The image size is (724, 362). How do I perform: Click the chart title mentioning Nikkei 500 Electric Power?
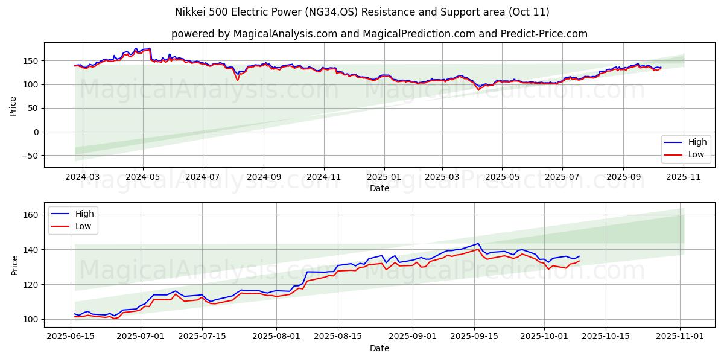click(x=362, y=12)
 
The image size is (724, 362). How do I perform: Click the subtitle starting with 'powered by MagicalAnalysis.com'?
click(x=379, y=34)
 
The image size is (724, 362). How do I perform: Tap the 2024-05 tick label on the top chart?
click(x=143, y=178)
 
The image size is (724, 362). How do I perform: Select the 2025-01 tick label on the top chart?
click(x=385, y=178)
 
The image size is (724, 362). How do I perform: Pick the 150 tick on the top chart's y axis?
click(x=31, y=61)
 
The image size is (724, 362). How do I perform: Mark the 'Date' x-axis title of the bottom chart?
click(x=379, y=349)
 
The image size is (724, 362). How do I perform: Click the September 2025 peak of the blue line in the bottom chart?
click(x=478, y=243)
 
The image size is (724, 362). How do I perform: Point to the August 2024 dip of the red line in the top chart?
click(x=238, y=80)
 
